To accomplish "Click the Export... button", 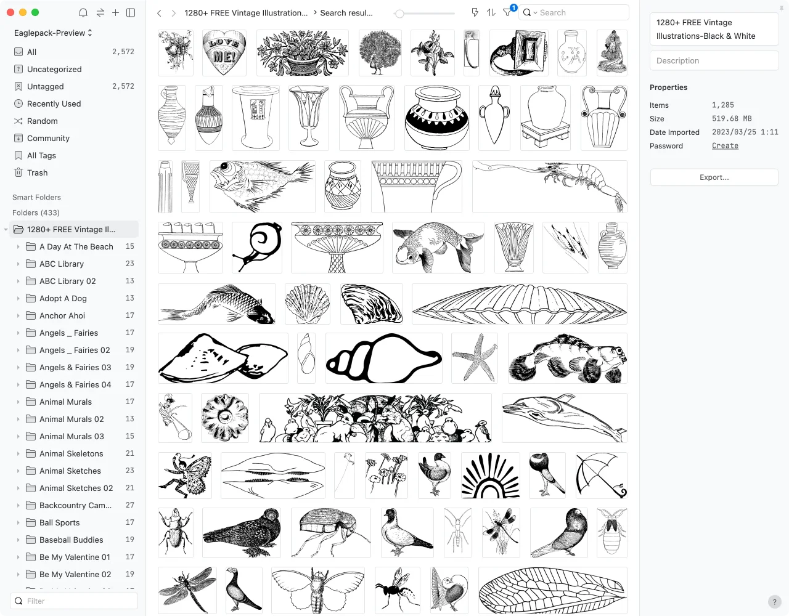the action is click(714, 177).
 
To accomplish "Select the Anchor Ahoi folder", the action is click(62, 315).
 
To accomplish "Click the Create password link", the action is click(725, 146).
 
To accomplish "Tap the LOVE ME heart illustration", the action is click(224, 52).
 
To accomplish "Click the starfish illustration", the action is click(474, 358).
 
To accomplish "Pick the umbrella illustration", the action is click(601, 475).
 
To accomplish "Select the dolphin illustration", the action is click(564, 418).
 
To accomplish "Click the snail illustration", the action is click(256, 248).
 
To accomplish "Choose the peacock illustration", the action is click(380, 52).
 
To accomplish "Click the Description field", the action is click(714, 60).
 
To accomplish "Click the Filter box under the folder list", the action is click(74, 601).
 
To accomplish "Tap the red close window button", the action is click(10, 13).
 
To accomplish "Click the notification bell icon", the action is click(83, 13).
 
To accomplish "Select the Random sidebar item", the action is click(42, 121).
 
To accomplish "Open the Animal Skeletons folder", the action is click(71, 453).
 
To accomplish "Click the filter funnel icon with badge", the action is click(507, 12).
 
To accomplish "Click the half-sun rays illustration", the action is click(491, 475).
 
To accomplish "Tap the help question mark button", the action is click(774, 601).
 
